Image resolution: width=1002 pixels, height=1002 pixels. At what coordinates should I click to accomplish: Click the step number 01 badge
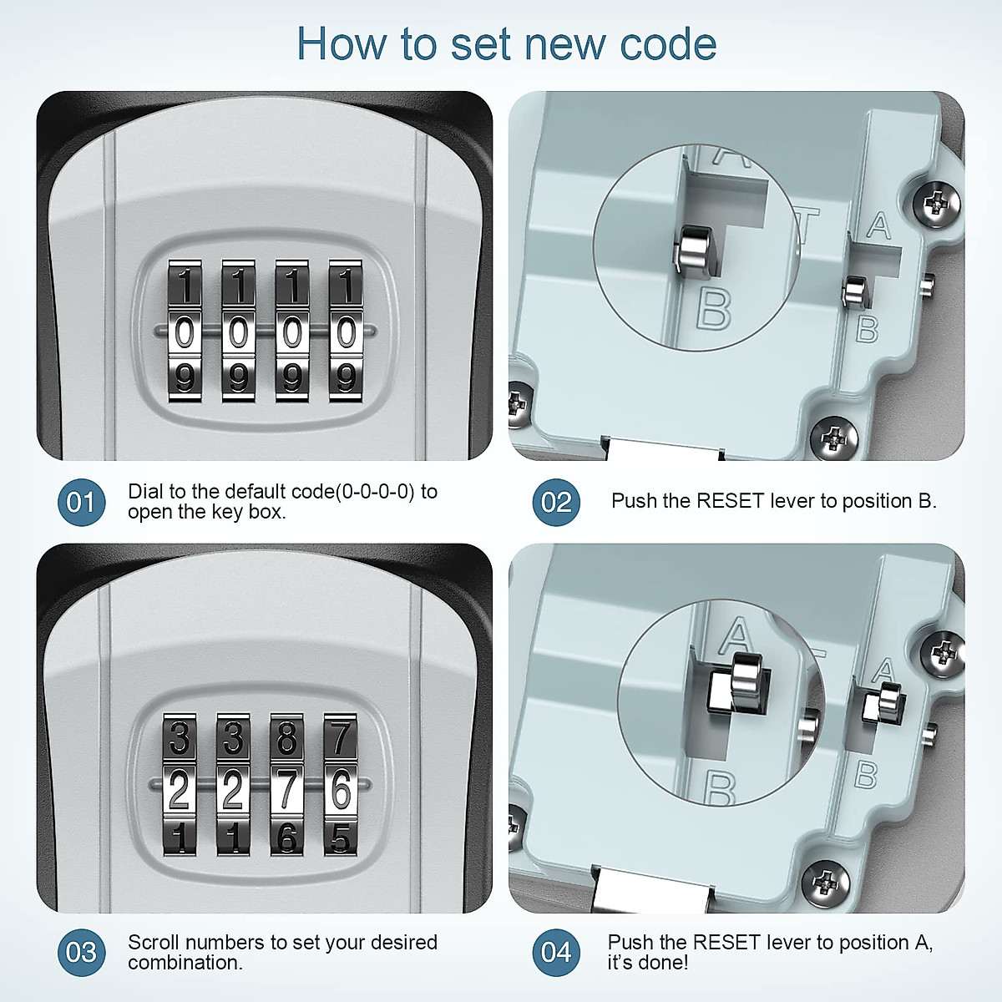(81, 502)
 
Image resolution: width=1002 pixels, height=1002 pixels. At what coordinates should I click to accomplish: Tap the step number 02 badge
(556, 502)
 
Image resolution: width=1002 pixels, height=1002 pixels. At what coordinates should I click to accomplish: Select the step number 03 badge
(81, 953)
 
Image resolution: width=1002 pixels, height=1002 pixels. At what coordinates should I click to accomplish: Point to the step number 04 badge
(556, 953)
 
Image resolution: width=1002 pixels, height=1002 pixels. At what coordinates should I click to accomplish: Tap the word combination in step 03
(185, 963)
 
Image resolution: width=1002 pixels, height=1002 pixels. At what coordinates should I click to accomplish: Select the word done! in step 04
(662, 963)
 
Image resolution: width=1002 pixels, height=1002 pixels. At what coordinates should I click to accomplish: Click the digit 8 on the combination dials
(286, 739)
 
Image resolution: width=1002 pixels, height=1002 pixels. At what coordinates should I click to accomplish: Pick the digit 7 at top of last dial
(340, 739)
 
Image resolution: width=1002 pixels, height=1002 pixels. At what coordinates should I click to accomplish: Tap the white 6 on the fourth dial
(341, 789)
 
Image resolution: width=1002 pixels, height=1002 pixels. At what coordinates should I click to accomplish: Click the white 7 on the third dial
(286, 789)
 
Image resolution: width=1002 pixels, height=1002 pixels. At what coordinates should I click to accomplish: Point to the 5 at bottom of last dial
(341, 838)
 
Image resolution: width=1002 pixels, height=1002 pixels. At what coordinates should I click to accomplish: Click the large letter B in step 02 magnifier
(714, 309)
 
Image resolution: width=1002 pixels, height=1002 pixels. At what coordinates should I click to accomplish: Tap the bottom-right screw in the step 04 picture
(826, 879)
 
